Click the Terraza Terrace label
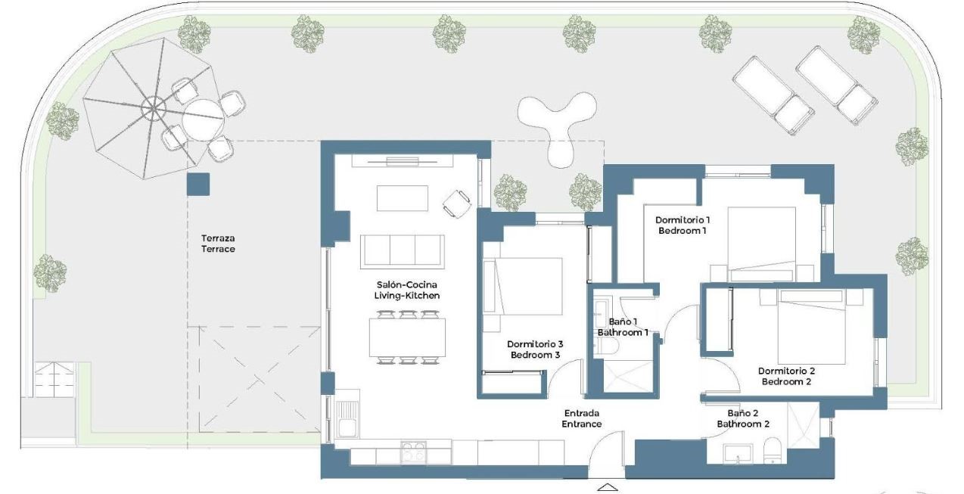(x=218, y=244)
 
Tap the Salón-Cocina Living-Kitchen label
(x=406, y=290)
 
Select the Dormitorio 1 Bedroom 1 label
(x=683, y=225)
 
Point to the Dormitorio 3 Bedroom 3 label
(x=535, y=350)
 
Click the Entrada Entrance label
(x=581, y=418)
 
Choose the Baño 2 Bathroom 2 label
(x=743, y=418)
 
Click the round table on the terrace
(x=203, y=120)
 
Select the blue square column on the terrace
(x=198, y=184)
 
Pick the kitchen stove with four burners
(x=413, y=452)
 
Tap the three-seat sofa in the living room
(x=403, y=251)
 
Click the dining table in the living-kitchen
(x=407, y=337)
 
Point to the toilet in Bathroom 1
(x=606, y=346)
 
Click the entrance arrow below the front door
(x=608, y=487)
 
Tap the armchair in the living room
(x=456, y=204)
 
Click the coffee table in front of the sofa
(x=403, y=198)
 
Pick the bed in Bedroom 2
(x=811, y=327)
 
